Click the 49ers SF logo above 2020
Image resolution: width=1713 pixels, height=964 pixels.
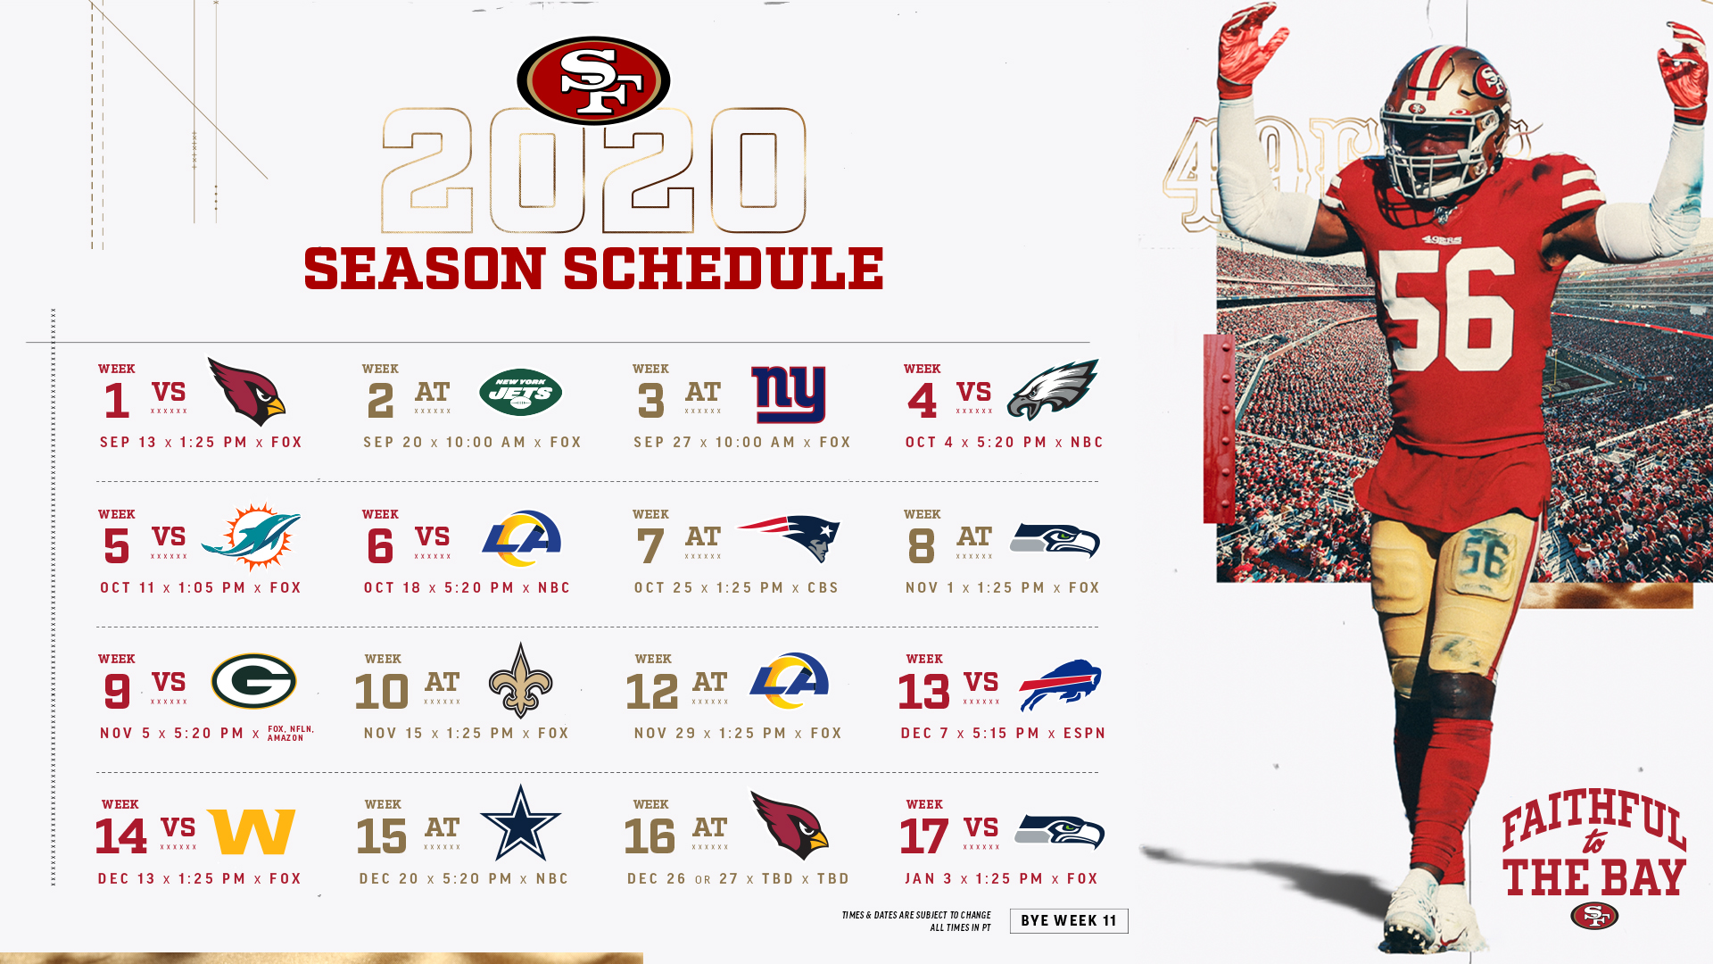593,80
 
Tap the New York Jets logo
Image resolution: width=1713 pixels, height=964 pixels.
520,393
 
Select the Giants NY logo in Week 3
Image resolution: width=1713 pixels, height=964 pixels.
789,394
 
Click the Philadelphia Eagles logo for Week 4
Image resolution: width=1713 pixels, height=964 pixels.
1053,389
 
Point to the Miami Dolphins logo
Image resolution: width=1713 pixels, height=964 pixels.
251,536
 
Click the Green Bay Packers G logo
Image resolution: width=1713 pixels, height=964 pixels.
253,681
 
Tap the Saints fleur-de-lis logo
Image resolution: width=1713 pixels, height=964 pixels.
521,680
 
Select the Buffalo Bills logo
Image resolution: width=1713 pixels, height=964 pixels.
1060,685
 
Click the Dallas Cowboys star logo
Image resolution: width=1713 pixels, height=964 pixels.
521,823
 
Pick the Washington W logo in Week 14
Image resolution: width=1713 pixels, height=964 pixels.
251,832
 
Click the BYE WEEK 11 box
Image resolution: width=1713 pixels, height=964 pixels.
1069,921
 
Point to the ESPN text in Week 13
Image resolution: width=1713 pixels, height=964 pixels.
1085,734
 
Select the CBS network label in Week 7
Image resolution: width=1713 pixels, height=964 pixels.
823,588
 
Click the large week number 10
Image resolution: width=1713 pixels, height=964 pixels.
382,692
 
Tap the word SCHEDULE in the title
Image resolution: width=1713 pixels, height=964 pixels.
724,270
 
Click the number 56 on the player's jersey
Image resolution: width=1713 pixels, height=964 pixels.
1446,308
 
